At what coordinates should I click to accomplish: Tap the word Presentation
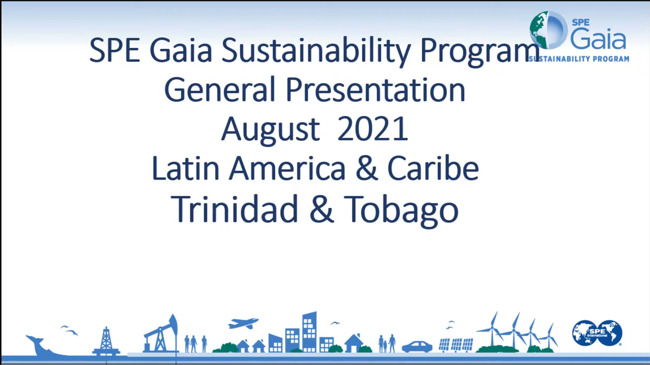coord(376,90)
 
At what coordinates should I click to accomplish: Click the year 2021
coord(373,128)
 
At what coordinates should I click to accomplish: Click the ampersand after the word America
coord(367,168)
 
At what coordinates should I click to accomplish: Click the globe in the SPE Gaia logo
coord(548,30)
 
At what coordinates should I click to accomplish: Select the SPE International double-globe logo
coord(597,333)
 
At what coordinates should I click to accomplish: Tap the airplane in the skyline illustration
coord(243,323)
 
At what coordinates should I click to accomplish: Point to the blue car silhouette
coord(417,347)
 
